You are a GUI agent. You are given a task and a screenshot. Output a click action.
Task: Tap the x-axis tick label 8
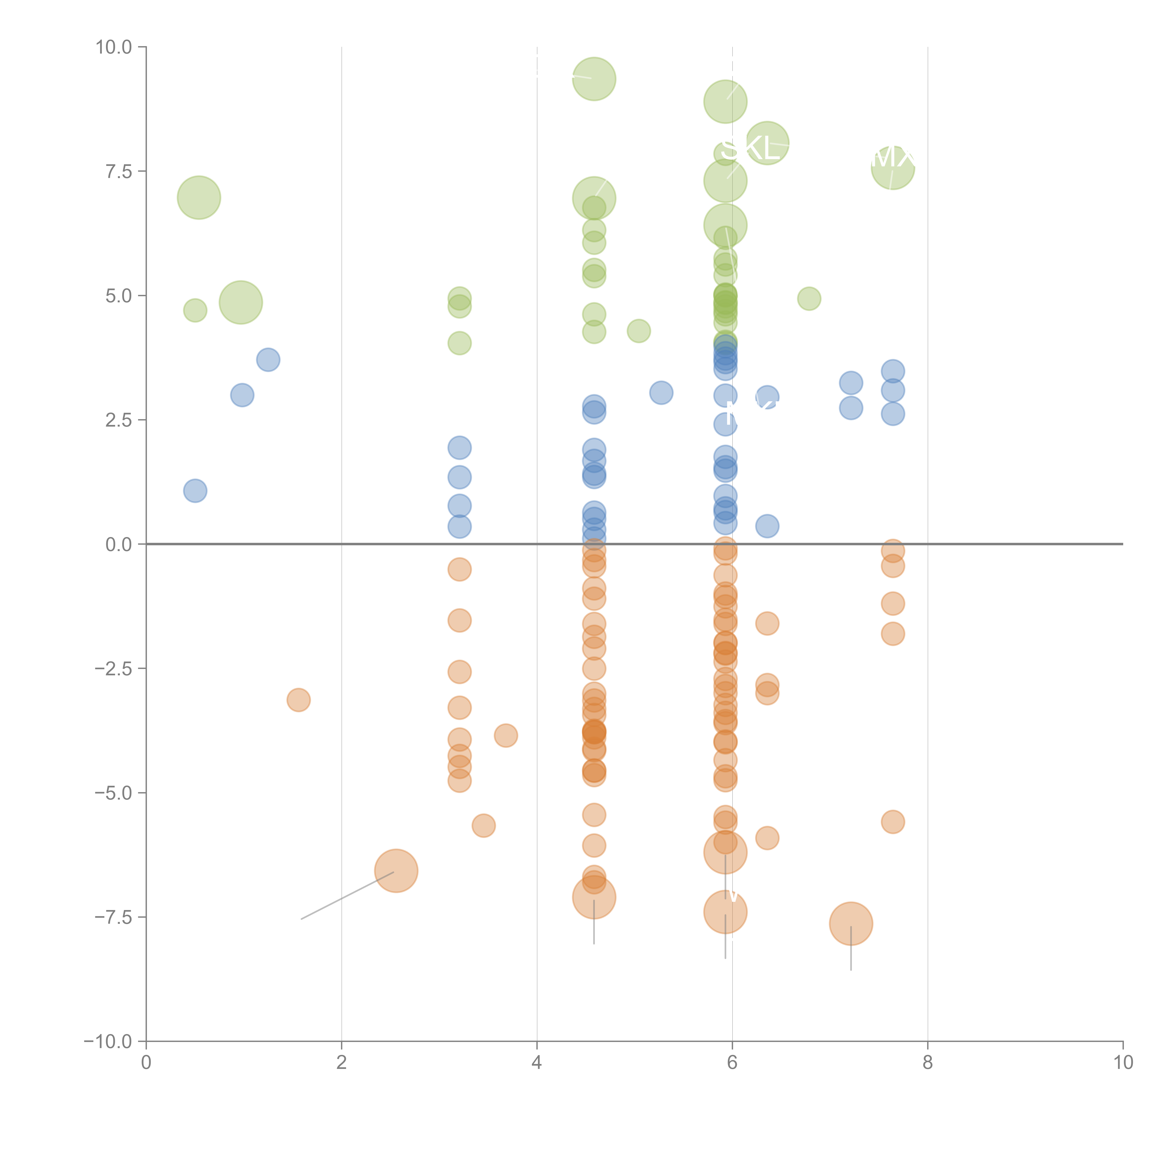click(928, 1062)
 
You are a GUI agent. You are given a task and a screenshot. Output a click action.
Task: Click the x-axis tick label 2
click(342, 1062)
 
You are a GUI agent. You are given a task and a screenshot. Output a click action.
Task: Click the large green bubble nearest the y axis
click(199, 197)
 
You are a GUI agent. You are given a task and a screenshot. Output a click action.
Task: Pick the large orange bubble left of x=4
click(396, 871)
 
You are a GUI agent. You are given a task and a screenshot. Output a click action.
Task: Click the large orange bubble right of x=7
click(851, 924)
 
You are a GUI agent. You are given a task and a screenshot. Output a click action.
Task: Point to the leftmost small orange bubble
click(299, 700)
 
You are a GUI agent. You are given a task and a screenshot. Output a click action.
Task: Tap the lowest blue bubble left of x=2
click(195, 490)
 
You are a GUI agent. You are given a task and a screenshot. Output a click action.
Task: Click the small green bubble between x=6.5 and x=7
click(809, 299)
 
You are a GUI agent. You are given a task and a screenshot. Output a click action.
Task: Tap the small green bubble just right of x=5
click(638, 331)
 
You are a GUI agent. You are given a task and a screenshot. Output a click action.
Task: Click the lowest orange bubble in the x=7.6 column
click(893, 822)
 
